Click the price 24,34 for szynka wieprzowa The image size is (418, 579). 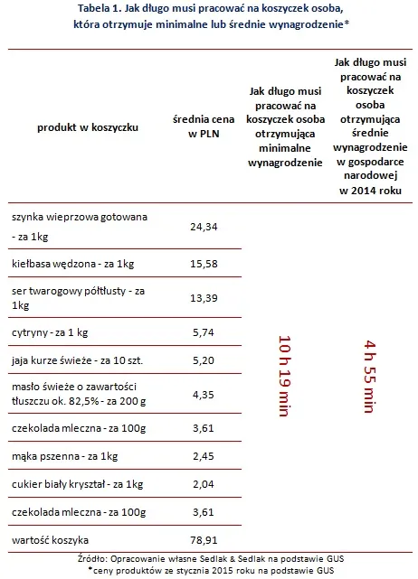point(205,227)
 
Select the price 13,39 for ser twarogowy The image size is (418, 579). point(205,299)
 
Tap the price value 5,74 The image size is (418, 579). point(205,333)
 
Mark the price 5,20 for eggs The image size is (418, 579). point(205,360)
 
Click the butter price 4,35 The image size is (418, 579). point(205,393)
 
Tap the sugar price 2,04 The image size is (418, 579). point(205,485)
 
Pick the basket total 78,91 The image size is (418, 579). point(205,543)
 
